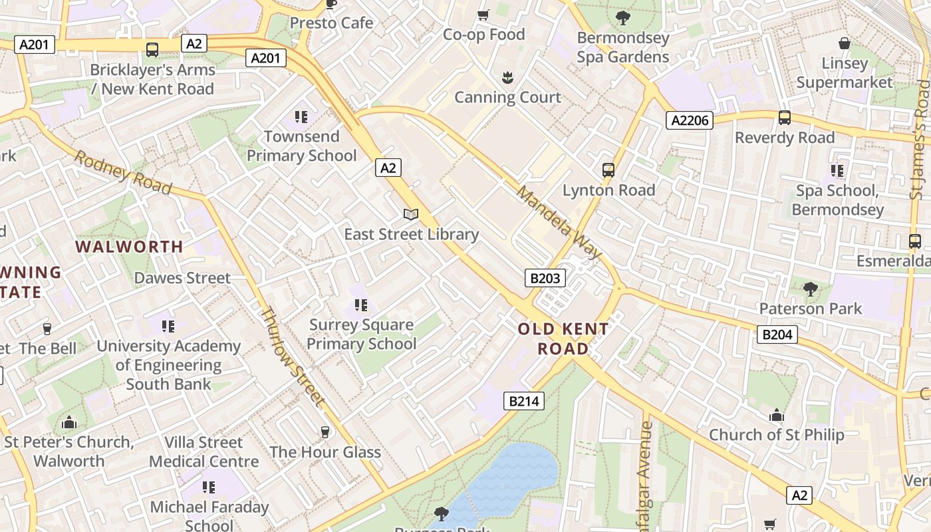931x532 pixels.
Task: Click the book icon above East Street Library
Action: [411, 215]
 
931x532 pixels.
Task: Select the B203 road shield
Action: [545, 278]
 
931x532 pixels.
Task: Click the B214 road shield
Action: [524, 400]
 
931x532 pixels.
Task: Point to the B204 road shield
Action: [777, 334]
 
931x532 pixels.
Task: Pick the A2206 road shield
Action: [690, 120]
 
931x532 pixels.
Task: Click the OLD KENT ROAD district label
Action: [563, 338]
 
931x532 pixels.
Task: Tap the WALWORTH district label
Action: [129, 247]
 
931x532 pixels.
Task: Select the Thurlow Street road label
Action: [292, 356]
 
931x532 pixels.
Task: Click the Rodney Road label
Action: [122, 172]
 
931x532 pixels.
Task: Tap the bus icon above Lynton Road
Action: [608, 170]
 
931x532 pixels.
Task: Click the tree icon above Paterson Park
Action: [810, 289]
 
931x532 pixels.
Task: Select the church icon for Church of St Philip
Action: [776, 416]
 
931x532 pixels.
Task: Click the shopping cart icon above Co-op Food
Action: [483, 15]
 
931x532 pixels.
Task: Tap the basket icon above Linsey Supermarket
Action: [844, 44]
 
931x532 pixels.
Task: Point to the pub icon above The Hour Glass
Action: [325, 432]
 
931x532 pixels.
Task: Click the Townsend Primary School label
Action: [302, 146]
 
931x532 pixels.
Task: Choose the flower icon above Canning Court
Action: [507, 78]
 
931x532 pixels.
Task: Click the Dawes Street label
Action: [182, 278]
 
